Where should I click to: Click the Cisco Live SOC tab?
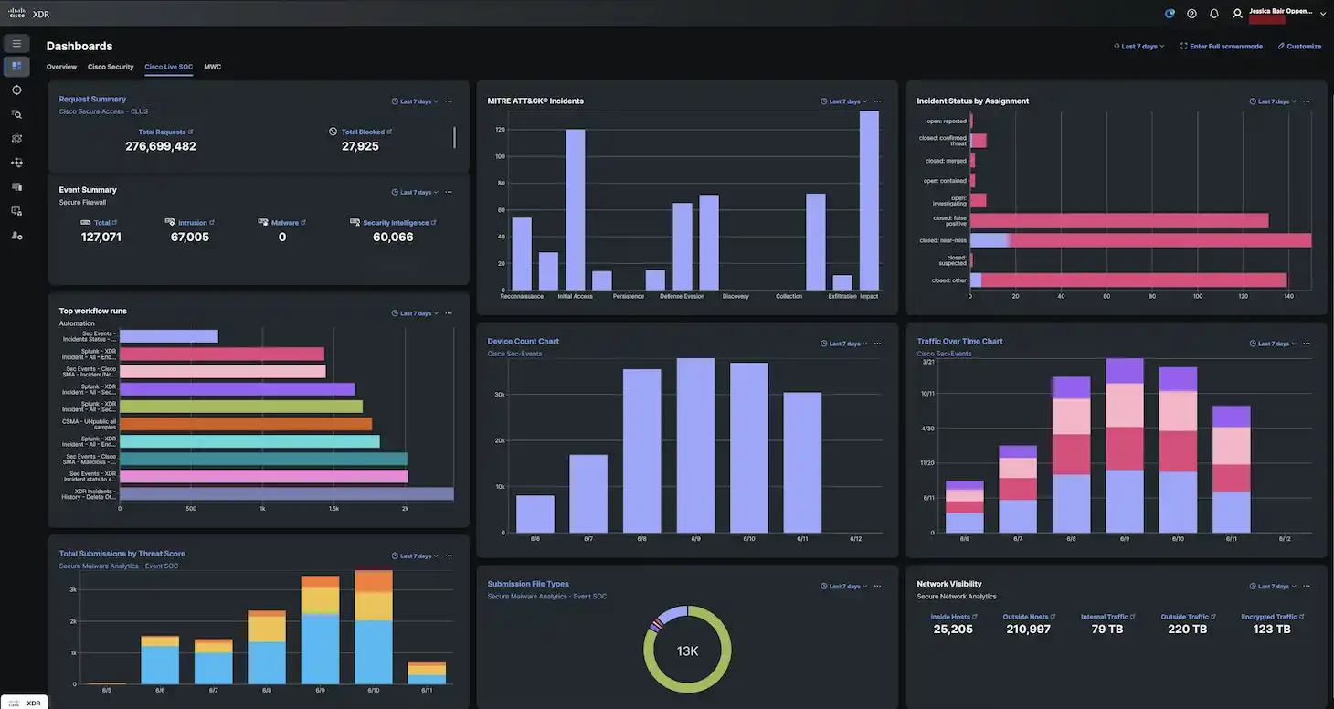pyautogui.click(x=168, y=67)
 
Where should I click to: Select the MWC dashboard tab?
pyautogui.click(x=212, y=67)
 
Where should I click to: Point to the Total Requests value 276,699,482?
pyautogui.click(x=161, y=146)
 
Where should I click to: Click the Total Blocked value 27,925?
pyautogui.click(x=360, y=146)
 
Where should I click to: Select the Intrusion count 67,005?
pyautogui.click(x=190, y=237)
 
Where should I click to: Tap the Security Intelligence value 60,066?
pyautogui.click(x=393, y=237)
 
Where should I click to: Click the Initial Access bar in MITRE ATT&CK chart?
pyautogui.click(x=575, y=209)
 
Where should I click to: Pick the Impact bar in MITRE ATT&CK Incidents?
pyautogui.click(x=869, y=200)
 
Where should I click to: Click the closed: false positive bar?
pyautogui.click(x=1118, y=220)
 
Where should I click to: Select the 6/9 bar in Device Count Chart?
pyautogui.click(x=695, y=445)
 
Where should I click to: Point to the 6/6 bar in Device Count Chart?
pyautogui.click(x=535, y=513)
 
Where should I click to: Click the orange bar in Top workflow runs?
pyautogui.click(x=246, y=424)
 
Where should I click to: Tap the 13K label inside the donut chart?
pyautogui.click(x=687, y=651)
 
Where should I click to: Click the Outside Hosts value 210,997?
pyautogui.click(x=1028, y=630)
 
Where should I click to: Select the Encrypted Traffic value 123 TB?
pyautogui.click(x=1271, y=630)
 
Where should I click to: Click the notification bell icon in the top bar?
pyautogui.click(x=1214, y=14)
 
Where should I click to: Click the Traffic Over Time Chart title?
pyautogui.click(x=959, y=341)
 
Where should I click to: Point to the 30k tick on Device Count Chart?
pyautogui.click(x=500, y=395)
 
